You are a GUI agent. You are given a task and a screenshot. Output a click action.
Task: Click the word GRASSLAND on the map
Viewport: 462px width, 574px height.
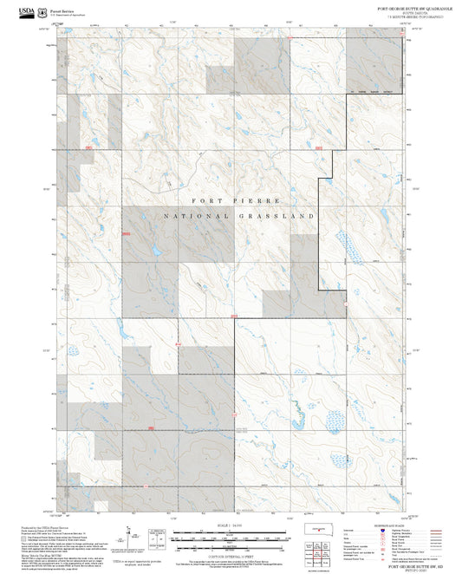click(280, 215)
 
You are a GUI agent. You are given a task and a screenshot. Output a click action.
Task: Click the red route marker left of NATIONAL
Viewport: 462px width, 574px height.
click(127, 232)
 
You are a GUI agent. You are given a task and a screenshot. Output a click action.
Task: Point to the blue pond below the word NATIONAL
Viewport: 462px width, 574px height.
click(156, 251)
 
